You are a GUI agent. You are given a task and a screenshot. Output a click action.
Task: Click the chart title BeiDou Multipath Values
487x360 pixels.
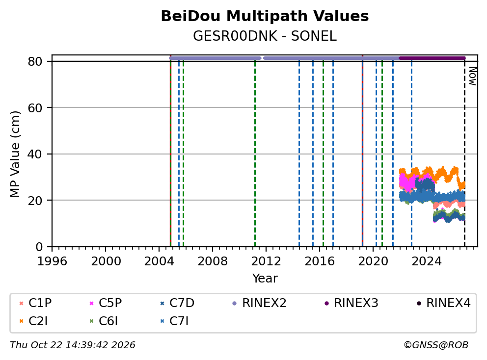(x=265, y=16)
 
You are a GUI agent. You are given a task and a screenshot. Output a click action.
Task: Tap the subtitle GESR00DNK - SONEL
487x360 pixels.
(x=265, y=36)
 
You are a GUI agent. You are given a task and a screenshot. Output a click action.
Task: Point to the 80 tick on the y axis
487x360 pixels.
(x=35, y=61)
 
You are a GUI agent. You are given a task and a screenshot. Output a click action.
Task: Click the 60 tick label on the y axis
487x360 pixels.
(x=35, y=108)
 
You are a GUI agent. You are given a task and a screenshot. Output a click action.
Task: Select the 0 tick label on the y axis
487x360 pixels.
(x=39, y=247)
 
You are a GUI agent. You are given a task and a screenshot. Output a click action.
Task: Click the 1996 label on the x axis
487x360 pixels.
(x=52, y=261)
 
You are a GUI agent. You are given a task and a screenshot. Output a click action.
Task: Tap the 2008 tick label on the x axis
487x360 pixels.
(x=213, y=261)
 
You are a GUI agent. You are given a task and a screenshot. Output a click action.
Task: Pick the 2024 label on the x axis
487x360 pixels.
(x=427, y=261)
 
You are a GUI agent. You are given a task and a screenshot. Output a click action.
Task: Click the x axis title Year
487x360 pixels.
(x=265, y=279)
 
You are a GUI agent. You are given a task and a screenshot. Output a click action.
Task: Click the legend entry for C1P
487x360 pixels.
(x=35, y=303)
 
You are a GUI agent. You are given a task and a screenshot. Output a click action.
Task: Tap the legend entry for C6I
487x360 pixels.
(x=104, y=321)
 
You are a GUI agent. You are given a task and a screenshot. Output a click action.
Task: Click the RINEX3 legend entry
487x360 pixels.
(x=352, y=303)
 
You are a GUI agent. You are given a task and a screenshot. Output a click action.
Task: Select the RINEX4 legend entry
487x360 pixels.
(x=443, y=303)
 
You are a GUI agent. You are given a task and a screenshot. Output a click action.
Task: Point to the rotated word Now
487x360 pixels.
(x=472, y=77)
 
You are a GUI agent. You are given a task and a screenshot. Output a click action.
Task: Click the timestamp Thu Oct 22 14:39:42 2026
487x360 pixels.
(x=73, y=345)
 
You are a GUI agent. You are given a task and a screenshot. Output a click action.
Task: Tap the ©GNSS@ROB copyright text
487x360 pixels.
(x=436, y=345)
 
